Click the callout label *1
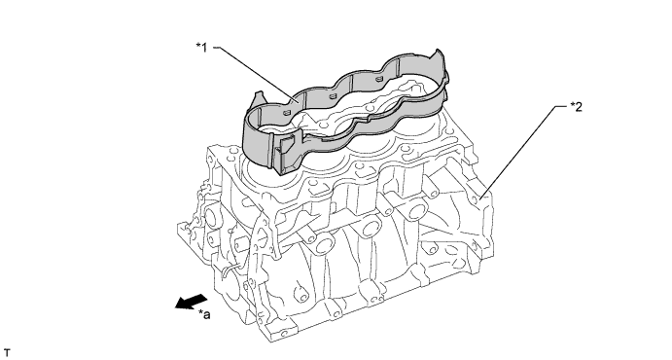(201, 47)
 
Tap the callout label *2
(576, 107)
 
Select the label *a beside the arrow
(204, 314)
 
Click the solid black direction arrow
(192, 302)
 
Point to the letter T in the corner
(7, 353)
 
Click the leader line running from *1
(256, 74)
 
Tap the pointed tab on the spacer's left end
(259, 97)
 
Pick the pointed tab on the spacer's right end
(439, 55)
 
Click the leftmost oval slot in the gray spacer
(286, 112)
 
